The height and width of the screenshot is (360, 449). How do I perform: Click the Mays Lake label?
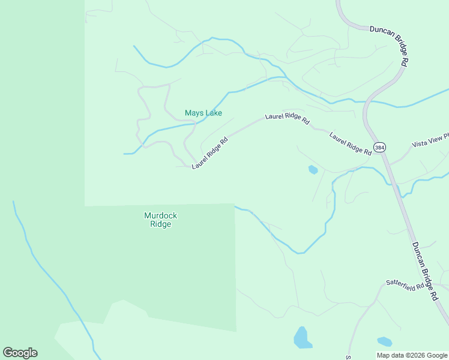tap(203, 113)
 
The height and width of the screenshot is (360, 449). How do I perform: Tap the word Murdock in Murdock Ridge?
tap(161, 215)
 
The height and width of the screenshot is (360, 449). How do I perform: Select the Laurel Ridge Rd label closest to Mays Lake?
tap(210, 154)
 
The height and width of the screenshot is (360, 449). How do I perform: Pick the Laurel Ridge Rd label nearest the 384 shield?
tap(351, 144)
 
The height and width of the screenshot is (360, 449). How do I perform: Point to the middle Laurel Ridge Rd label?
tap(288, 118)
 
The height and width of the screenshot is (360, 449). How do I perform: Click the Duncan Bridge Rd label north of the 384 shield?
tap(390, 46)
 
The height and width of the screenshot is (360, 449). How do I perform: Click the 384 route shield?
tap(379, 147)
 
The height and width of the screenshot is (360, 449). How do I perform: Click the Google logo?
tap(20, 353)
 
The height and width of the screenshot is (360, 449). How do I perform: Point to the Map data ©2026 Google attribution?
tap(411, 355)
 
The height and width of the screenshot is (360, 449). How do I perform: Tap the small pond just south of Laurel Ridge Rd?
tap(313, 170)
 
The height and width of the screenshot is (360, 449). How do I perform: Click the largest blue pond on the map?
tap(302, 338)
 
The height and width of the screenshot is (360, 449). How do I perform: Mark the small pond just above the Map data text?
tap(384, 342)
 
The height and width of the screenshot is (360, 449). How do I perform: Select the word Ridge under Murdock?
tap(161, 224)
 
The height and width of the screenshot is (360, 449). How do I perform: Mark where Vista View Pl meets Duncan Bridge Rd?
tap(390, 163)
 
